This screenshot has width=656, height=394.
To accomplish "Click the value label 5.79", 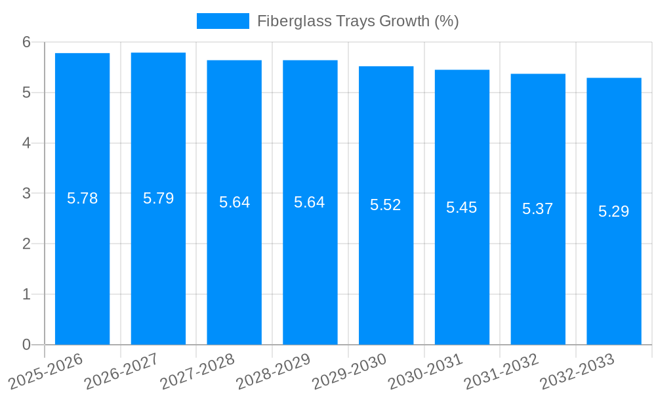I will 158,198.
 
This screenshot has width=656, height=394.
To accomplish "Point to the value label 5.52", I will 385,205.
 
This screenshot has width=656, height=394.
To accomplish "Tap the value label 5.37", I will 537,209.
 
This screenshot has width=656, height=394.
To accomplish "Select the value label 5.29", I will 613,211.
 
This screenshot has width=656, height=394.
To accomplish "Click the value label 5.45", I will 461,208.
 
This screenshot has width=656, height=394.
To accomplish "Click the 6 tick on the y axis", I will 26,42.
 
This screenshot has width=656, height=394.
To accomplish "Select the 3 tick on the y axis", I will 26,194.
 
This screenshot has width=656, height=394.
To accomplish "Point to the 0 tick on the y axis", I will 26,345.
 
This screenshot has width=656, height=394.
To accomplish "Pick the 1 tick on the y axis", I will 26,294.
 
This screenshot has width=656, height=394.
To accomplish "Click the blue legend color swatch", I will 222,21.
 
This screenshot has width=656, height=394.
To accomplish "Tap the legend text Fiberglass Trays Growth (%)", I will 358,21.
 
